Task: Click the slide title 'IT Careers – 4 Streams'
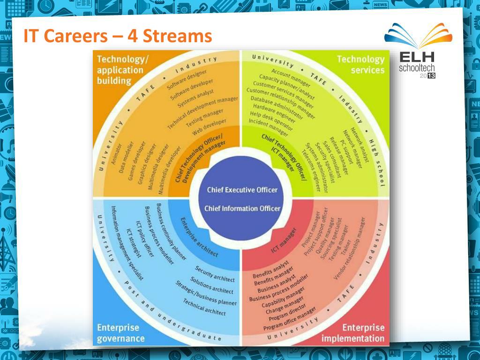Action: [x=118, y=36]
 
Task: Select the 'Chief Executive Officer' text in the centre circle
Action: [x=242, y=190]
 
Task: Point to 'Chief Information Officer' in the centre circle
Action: [x=242, y=209]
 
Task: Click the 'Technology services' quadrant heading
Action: [x=360, y=65]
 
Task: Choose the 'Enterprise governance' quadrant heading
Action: [x=120, y=332]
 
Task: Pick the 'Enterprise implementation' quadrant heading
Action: [x=352, y=333]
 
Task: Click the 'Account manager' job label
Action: [x=291, y=78]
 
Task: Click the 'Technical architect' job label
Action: [x=204, y=307]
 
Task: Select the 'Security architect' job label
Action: [x=215, y=274]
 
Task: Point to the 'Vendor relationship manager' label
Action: [x=349, y=248]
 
